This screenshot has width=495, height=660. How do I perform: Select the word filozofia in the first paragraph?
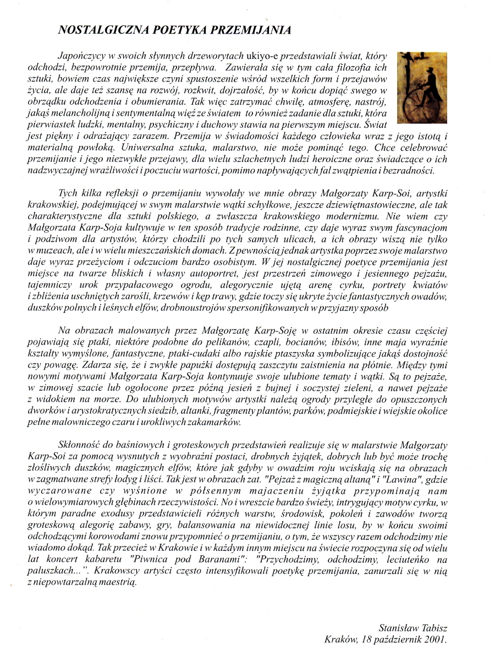(x=357, y=69)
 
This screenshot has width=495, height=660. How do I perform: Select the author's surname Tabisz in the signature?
(x=433, y=627)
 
